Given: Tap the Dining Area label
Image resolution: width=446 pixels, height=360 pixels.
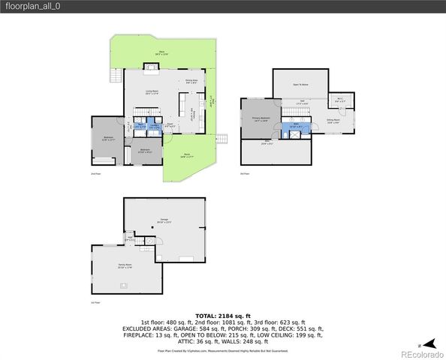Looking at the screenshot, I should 191,82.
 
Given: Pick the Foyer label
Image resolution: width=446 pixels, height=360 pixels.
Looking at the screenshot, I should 170,125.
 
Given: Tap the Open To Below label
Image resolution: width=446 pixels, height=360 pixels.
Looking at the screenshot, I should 301,85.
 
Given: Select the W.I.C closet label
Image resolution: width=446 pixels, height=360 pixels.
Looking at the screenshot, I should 338,101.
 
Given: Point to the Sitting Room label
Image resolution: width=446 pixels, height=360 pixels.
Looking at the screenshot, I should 333,121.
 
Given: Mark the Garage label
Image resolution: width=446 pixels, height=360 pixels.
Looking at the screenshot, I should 165,222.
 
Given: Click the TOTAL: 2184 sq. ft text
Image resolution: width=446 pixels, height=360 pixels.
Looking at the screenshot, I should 222,316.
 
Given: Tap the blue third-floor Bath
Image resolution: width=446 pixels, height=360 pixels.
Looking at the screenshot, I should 295,126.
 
